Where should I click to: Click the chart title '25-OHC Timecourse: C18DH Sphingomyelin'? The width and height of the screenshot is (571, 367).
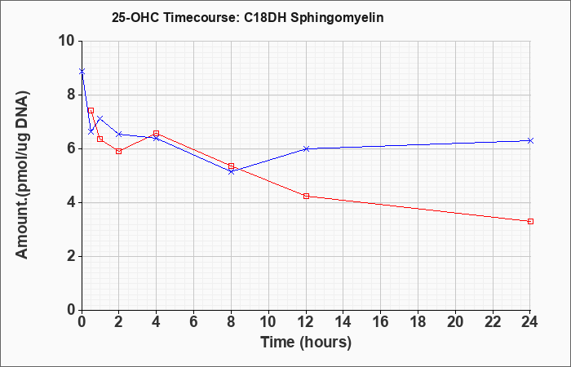[x=248, y=18]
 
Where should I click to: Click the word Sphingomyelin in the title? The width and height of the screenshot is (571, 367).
[x=337, y=18]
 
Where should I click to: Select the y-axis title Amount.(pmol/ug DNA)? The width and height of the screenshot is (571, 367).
[x=23, y=175]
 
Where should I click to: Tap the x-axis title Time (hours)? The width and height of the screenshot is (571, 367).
[x=306, y=343]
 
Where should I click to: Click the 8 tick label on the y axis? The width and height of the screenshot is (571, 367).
[x=71, y=95]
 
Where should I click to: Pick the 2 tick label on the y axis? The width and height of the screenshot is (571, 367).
[x=71, y=256]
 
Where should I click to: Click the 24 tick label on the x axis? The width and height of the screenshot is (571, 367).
[x=530, y=321]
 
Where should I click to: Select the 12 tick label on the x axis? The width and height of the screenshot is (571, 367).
[x=306, y=321]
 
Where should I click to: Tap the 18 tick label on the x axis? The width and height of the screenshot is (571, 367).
[x=418, y=321]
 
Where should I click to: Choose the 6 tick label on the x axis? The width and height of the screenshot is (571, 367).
[x=194, y=321]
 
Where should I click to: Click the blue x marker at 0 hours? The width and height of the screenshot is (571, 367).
[x=82, y=72]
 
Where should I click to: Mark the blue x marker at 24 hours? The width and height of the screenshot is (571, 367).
[x=530, y=140]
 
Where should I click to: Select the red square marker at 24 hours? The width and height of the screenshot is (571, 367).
[x=530, y=221]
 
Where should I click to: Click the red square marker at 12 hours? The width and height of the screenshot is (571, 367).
[x=306, y=196]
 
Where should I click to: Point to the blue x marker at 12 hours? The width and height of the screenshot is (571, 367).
[x=306, y=148]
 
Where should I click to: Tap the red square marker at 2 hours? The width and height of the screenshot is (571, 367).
[x=119, y=151]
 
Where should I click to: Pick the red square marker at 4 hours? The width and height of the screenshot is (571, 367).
[x=157, y=133]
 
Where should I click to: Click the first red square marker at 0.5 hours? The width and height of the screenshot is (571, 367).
[x=91, y=110]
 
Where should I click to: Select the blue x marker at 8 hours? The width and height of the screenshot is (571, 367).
[x=231, y=171]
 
